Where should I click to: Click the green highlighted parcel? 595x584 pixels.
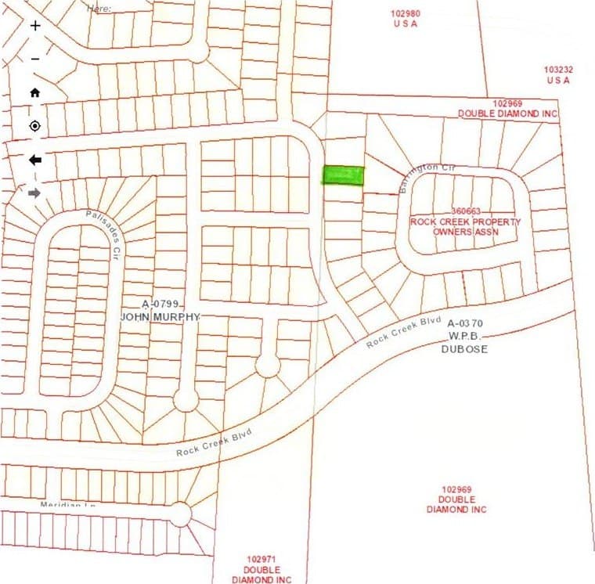pyautogui.click(x=344, y=175)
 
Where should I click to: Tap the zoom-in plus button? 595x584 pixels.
pyautogui.click(x=35, y=26)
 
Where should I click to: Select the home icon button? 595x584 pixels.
pyautogui.click(x=35, y=92)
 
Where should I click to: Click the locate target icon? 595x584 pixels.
pyautogui.click(x=35, y=126)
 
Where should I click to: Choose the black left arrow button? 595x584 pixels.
pyautogui.click(x=35, y=160)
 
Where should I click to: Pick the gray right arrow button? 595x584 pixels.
pyautogui.click(x=35, y=193)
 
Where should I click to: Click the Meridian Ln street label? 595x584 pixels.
pyautogui.click(x=67, y=505)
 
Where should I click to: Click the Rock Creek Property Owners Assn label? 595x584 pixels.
pyautogui.click(x=465, y=227)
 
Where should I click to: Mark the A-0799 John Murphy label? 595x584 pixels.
pyautogui.click(x=160, y=310)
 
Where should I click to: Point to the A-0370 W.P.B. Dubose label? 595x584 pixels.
pyautogui.click(x=467, y=336)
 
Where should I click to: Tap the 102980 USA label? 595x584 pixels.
pyautogui.click(x=406, y=19)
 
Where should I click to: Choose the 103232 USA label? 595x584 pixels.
pyautogui.click(x=558, y=74)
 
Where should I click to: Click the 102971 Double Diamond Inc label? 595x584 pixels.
pyautogui.click(x=261, y=569)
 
